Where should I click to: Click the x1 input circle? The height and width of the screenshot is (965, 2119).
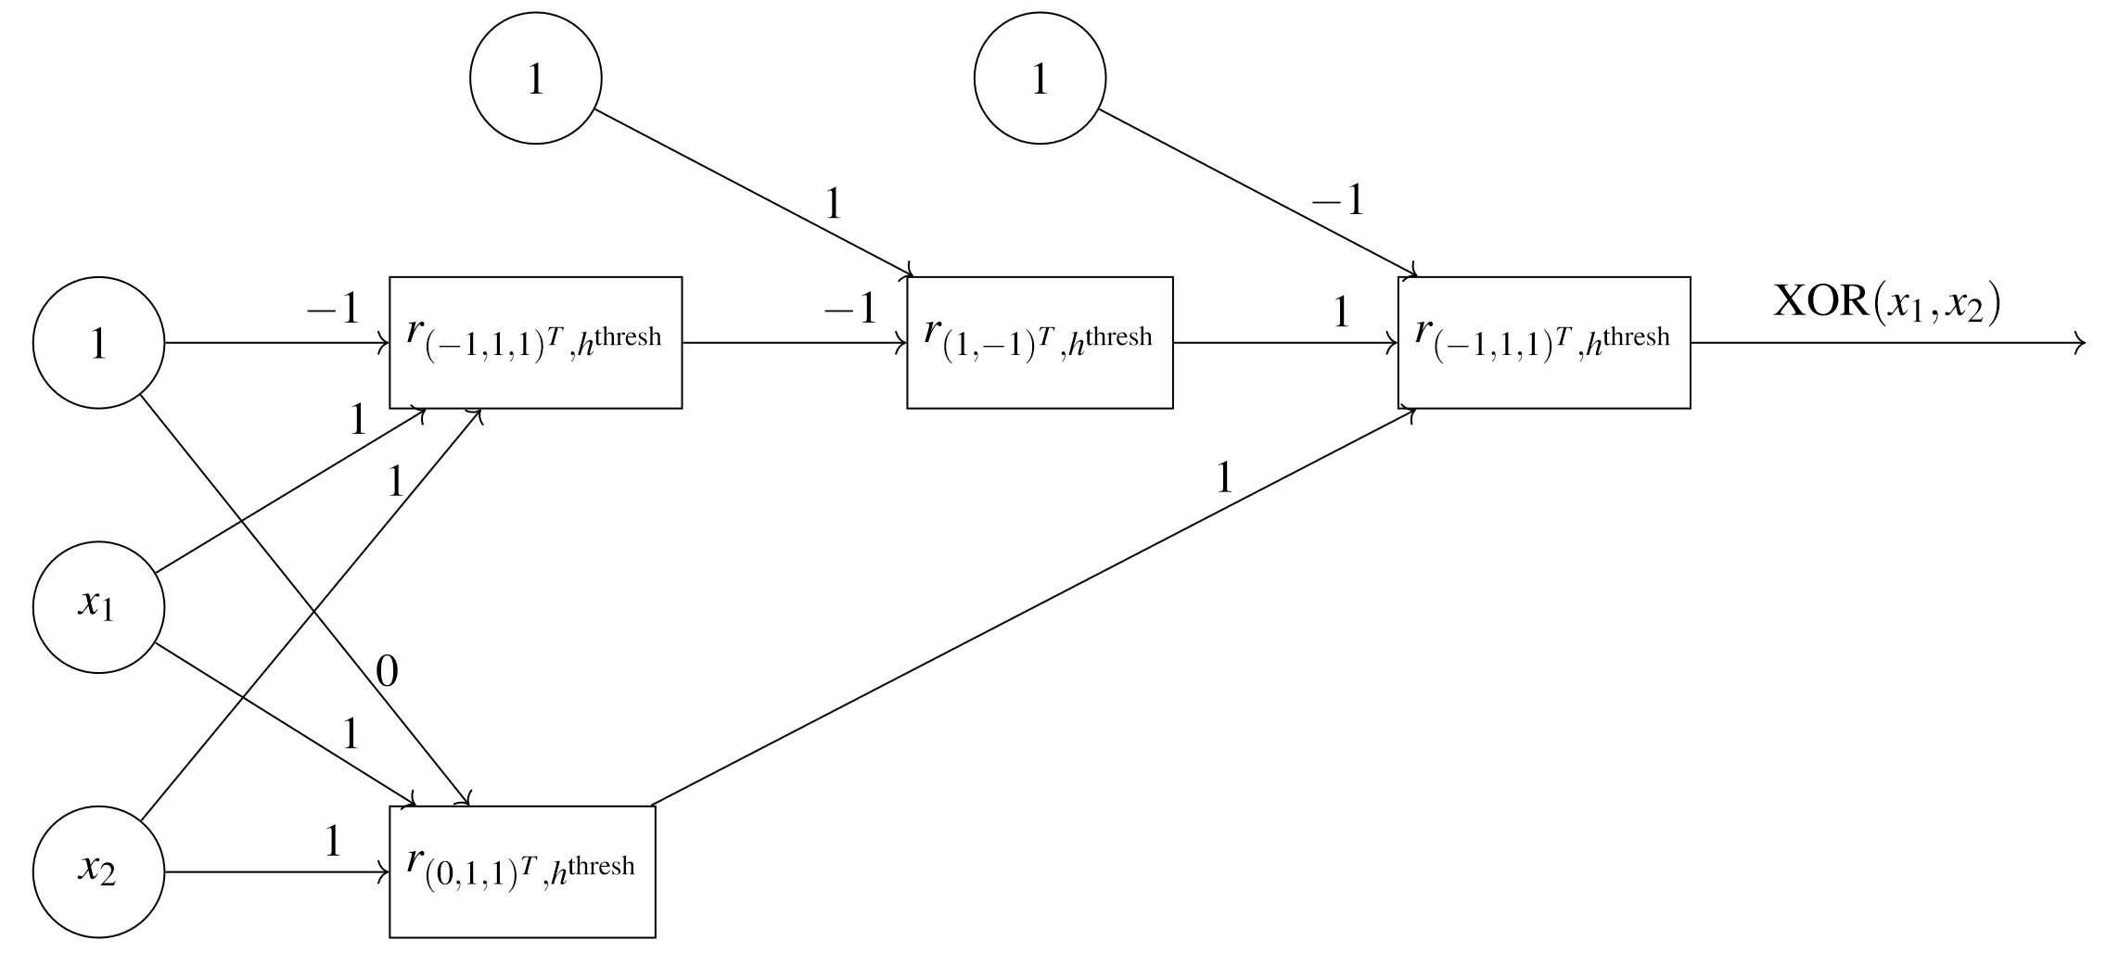point(98,607)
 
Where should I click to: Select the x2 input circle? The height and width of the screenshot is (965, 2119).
point(98,871)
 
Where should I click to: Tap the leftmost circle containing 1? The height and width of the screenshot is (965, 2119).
point(98,343)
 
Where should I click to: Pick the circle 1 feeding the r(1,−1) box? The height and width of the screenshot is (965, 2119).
point(536,78)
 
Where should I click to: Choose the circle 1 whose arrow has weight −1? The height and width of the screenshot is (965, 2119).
point(1040,78)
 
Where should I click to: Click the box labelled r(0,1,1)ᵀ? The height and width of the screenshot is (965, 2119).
point(522,871)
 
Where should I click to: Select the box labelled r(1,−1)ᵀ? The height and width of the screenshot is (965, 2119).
point(1040,342)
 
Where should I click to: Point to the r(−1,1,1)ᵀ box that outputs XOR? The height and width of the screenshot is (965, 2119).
point(1544,342)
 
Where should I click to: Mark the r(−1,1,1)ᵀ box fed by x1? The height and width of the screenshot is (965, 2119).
point(535,342)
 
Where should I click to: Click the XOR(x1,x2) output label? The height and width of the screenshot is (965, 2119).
point(1886,303)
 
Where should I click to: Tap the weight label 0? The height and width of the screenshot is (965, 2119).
point(387,672)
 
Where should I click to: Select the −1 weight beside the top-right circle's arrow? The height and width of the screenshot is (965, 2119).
point(1337,199)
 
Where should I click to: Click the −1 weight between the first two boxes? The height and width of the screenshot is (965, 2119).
point(849,308)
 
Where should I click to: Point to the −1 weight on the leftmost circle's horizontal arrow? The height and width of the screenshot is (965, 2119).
point(333,308)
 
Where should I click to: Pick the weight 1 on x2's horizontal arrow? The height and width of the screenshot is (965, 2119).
point(333,842)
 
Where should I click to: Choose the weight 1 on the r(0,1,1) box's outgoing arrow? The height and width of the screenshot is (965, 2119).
point(1224,478)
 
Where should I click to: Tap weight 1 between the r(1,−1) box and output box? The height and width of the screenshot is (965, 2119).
point(1341,313)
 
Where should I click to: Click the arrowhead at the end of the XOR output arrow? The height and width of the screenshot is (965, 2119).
point(2080,343)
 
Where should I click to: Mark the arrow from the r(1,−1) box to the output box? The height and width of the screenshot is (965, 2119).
point(1285,343)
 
